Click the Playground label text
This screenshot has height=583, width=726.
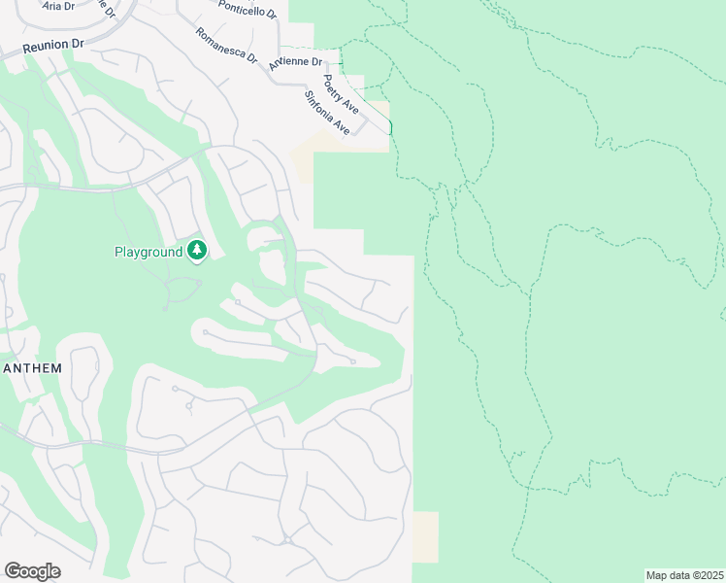click(x=148, y=252)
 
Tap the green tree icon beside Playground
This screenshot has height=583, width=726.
click(x=197, y=252)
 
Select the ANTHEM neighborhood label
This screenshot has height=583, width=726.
click(x=33, y=368)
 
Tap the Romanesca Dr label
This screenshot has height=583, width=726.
click(x=226, y=46)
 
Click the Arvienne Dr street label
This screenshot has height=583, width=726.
click(x=295, y=60)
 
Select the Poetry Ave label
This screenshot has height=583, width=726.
click(x=341, y=94)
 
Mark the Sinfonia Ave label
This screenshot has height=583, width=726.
click(x=327, y=113)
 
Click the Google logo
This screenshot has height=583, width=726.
click(x=32, y=571)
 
